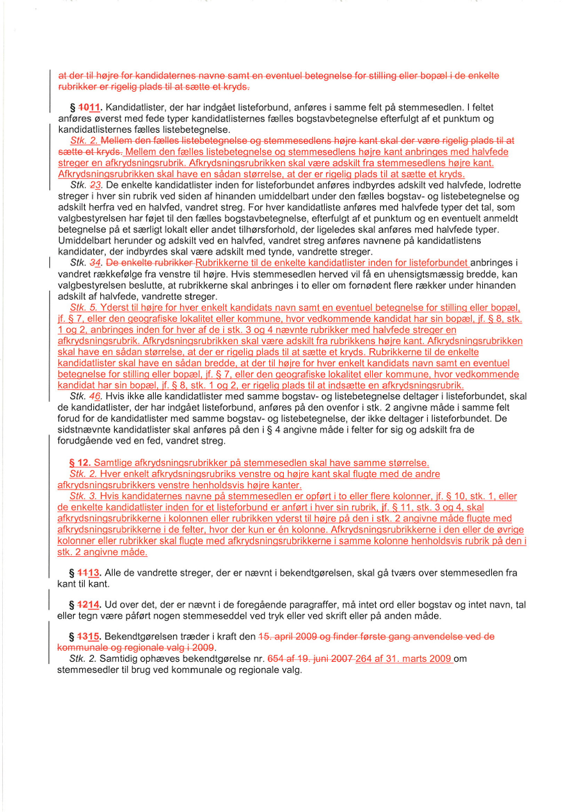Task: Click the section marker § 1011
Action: (x=87, y=108)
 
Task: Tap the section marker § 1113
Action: (x=87, y=572)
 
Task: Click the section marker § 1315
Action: (x=87, y=636)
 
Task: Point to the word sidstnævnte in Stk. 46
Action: (x=87, y=430)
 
